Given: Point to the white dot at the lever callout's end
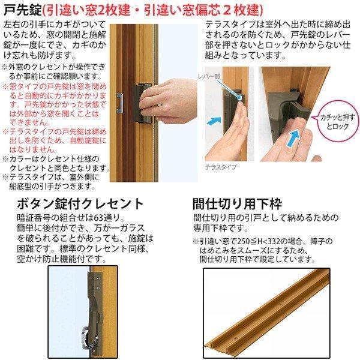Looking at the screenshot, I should [239, 95].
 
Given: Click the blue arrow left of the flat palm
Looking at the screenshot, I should [214, 121].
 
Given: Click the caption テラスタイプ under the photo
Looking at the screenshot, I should [221, 167].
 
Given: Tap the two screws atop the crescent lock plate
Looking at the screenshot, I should [96, 273].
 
